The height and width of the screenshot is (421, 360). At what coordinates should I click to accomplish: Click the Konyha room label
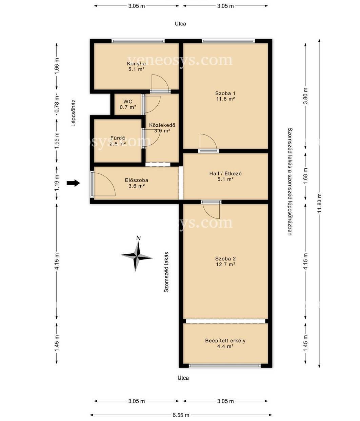click(x=136, y=64)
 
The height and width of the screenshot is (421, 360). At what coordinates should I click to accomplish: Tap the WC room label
click(x=128, y=101)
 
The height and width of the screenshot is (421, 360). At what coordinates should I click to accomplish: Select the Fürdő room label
click(x=118, y=138)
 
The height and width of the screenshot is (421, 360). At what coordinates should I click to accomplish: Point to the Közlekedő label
click(x=162, y=125)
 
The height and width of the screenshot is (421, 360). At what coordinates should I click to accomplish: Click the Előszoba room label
click(x=137, y=180)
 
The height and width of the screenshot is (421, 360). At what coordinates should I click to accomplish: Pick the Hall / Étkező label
click(x=225, y=173)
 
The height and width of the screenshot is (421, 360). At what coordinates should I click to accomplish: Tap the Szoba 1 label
click(x=225, y=93)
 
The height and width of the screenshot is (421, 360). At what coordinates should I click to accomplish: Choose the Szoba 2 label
click(x=225, y=259)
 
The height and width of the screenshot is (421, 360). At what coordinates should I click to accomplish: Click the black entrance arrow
click(x=73, y=183)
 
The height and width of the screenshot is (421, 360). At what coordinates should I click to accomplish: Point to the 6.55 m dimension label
click(x=181, y=414)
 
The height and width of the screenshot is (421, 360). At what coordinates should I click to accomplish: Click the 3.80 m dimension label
click(x=305, y=96)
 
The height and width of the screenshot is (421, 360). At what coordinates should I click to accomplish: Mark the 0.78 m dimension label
click(x=57, y=104)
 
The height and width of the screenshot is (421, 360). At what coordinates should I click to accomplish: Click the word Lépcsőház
click(x=73, y=113)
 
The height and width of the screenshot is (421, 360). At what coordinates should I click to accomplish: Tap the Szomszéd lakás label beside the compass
click(x=166, y=272)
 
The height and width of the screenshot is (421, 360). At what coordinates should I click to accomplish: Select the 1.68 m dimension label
click(x=305, y=176)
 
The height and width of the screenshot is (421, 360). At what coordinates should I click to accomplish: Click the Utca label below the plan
click(x=183, y=378)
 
